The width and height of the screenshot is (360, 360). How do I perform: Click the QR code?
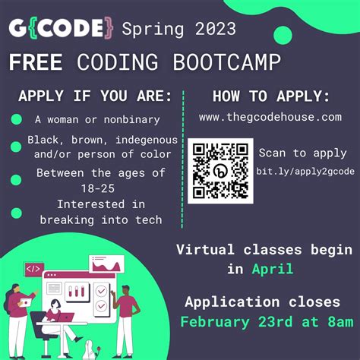[220, 171]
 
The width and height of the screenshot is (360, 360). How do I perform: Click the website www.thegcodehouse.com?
[270, 118]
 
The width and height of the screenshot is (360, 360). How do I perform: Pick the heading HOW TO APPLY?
[270, 96]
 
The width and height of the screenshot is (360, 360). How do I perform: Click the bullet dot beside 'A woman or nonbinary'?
[16, 119]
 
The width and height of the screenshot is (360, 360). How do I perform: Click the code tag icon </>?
[34, 269]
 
